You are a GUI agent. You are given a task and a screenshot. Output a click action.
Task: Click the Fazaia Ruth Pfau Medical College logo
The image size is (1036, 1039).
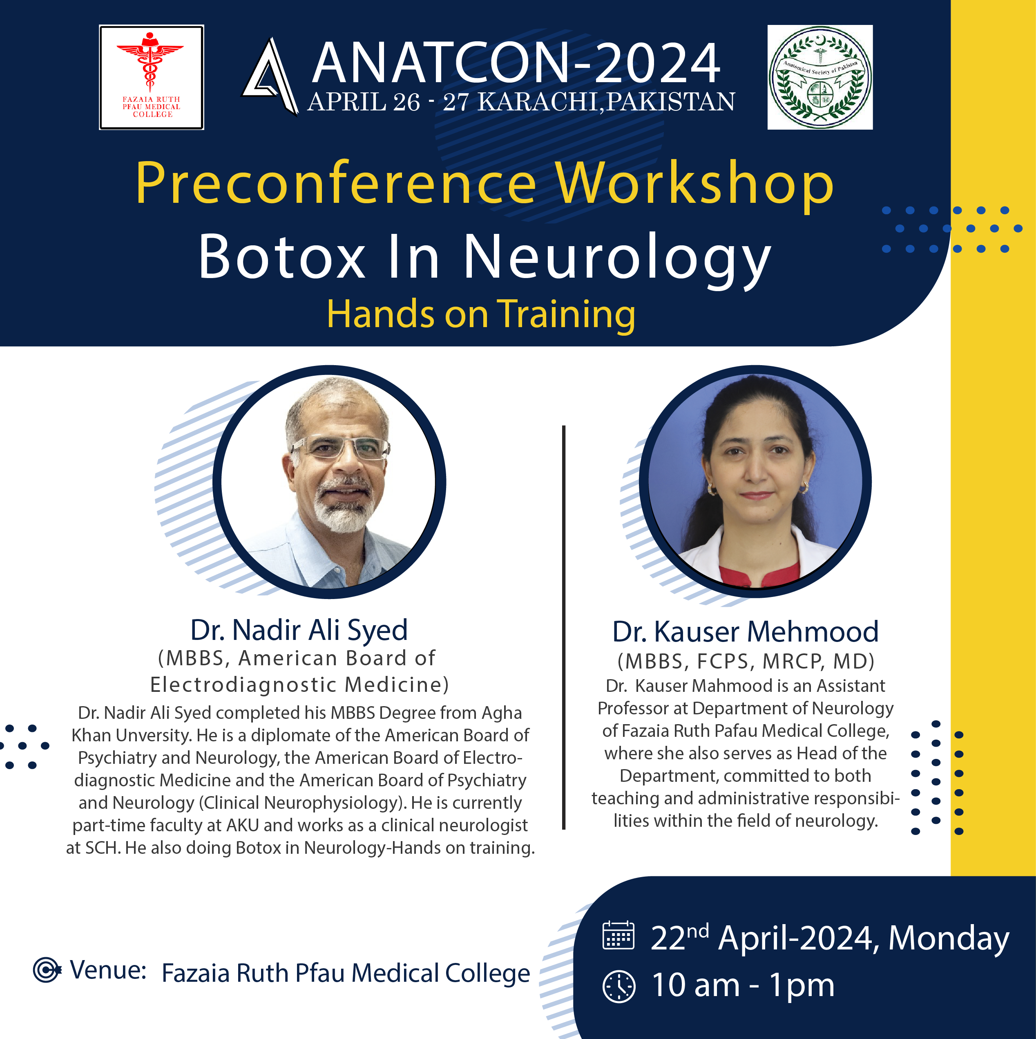tap(151, 77)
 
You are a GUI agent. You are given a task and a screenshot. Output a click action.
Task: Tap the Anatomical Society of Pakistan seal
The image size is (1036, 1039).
tap(819, 77)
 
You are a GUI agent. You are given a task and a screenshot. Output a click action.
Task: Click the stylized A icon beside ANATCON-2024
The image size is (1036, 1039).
tap(270, 76)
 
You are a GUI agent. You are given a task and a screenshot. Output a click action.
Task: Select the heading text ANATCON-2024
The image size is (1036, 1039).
tap(516, 63)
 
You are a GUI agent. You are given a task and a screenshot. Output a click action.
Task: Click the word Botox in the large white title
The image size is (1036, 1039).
tap(283, 257)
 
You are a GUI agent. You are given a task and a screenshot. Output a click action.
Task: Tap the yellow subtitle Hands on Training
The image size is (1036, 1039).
tap(481, 314)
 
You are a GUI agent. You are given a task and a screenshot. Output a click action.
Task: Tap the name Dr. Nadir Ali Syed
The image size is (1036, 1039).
tap(299, 630)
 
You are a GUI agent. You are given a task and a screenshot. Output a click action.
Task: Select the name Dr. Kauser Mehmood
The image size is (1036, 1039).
tap(745, 631)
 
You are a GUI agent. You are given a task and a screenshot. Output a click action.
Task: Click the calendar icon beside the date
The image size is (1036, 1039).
tap(618, 936)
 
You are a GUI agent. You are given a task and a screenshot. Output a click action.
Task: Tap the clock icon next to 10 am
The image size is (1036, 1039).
tap(619, 986)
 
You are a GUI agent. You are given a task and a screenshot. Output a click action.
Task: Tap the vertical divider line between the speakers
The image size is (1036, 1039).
tap(564, 627)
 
